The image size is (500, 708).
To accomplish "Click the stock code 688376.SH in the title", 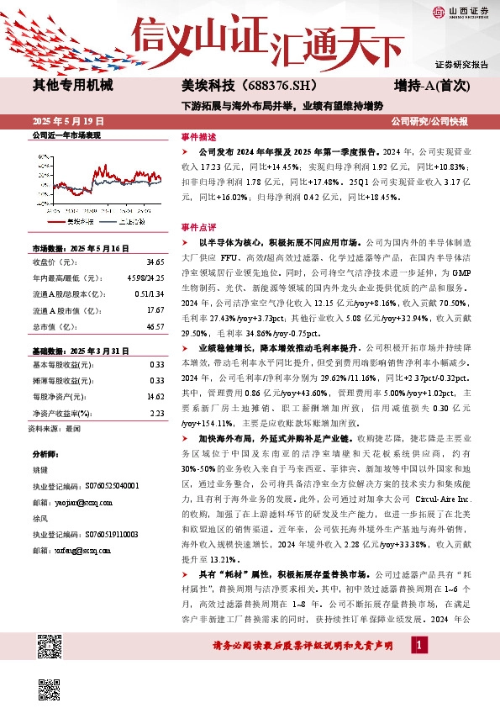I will (268, 85).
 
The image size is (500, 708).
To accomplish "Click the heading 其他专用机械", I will (72, 85).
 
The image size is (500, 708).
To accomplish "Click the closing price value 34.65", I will (155, 263).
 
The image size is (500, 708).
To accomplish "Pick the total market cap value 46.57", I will (155, 325).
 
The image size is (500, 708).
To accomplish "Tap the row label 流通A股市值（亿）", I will (64, 310).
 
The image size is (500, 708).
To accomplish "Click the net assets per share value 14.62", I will (155, 372).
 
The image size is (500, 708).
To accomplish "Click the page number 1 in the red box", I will (418, 644).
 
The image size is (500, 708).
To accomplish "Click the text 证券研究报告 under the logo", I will (461, 65).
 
